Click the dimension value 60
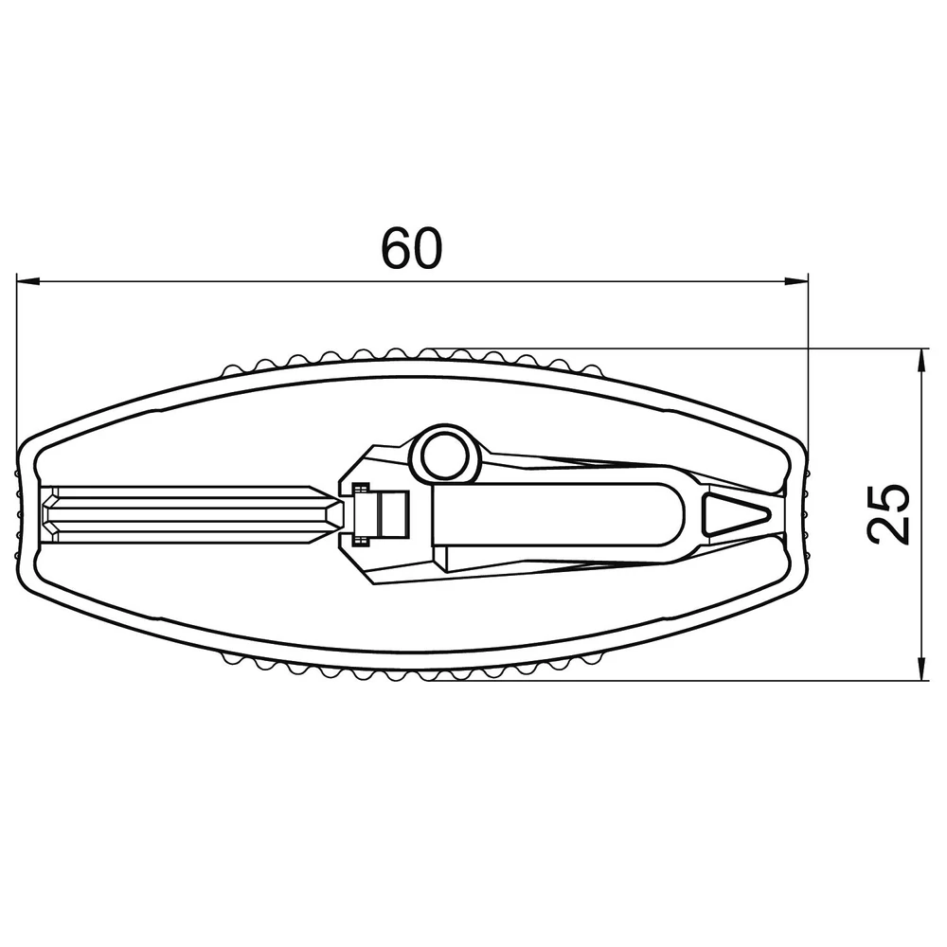[x=412, y=249]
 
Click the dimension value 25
[x=887, y=513]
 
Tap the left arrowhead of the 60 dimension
[x=28, y=281]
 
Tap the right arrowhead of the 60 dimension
[x=796, y=281]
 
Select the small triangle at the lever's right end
[x=736, y=514]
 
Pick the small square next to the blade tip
[x=393, y=514]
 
